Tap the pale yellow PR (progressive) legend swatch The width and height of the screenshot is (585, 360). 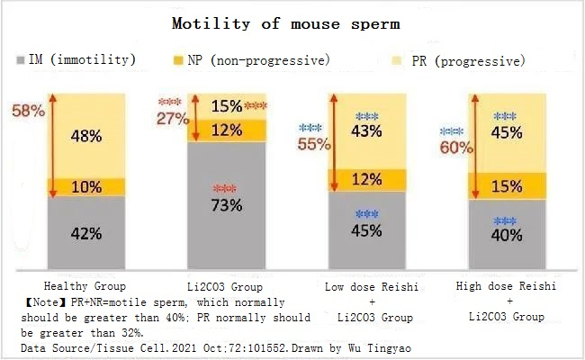pyautogui.click(x=391, y=60)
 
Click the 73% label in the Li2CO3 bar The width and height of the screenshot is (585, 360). pyautogui.click(x=228, y=205)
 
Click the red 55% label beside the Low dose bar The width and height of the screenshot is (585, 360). pyautogui.click(x=313, y=144)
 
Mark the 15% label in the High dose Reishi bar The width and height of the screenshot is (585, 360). pyautogui.click(x=507, y=186)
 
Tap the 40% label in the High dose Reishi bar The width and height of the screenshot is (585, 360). pyautogui.click(x=507, y=236)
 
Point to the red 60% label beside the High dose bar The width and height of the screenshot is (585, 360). pyautogui.click(x=455, y=147)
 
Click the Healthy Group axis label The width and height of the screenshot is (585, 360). pyautogui.click(x=84, y=285)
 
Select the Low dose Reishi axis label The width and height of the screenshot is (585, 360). pyautogui.click(x=367, y=285)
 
